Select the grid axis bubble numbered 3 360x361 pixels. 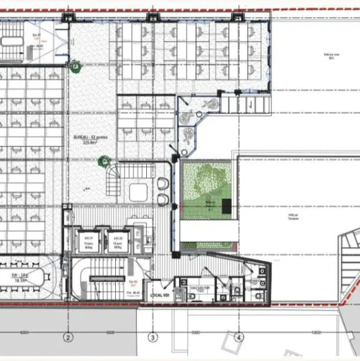pyautogui.click(x=152, y=337)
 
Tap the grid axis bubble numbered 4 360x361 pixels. pyautogui.click(x=239, y=337)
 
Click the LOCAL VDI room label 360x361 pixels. pyautogui.click(x=160, y=296)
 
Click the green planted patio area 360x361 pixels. pyautogui.click(x=208, y=189)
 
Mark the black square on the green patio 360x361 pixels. pyautogui.click(x=227, y=207)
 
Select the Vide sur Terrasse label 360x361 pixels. pyautogui.click(x=292, y=216)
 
